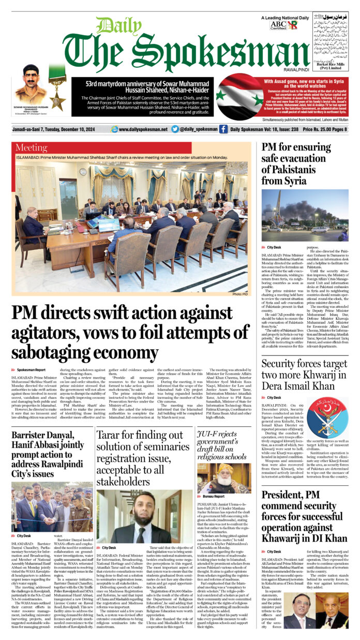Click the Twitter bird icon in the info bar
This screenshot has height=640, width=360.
point(175,129)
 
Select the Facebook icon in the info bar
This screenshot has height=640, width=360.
point(223,129)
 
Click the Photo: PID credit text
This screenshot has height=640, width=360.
point(240,294)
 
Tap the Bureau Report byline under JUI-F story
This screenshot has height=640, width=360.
point(214,496)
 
